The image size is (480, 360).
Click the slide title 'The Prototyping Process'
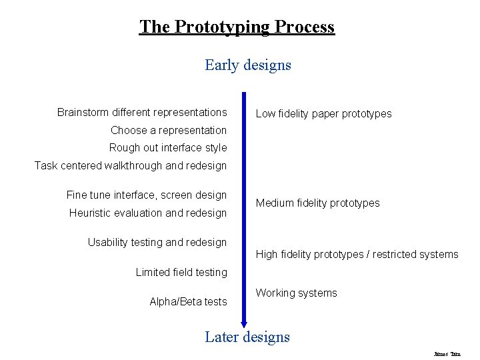(x=237, y=27)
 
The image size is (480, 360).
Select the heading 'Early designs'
(x=248, y=65)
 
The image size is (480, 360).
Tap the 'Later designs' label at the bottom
(x=247, y=337)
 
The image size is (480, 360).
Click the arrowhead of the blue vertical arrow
(x=244, y=323)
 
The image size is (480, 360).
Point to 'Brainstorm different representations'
(x=142, y=112)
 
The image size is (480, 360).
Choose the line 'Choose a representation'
(x=169, y=130)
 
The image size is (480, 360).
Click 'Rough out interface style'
(x=168, y=147)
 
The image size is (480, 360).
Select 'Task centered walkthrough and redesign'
(x=131, y=165)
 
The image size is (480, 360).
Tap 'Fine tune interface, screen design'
(x=147, y=195)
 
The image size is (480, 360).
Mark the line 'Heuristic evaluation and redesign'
(x=148, y=213)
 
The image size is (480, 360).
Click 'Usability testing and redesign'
(x=157, y=242)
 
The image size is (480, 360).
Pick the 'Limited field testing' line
(x=181, y=272)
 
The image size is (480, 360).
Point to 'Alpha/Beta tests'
(x=189, y=302)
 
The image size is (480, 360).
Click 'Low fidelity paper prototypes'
(x=324, y=114)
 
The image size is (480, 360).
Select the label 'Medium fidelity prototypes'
(x=318, y=203)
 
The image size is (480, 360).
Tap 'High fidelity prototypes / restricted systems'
(x=357, y=254)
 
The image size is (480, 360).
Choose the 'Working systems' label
(x=297, y=293)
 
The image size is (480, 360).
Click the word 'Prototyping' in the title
(x=223, y=27)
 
